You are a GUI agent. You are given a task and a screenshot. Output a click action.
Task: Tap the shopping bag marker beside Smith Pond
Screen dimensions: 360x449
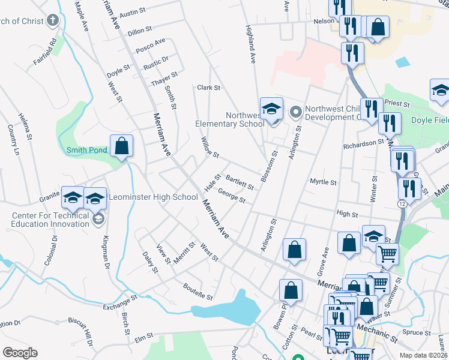[121, 146]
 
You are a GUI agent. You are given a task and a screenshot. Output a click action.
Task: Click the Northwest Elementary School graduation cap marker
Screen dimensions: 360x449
[271, 109]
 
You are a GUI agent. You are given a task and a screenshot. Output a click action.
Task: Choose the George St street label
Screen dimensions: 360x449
[232, 196]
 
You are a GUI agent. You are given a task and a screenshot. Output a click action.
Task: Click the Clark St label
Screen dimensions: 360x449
[209, 88]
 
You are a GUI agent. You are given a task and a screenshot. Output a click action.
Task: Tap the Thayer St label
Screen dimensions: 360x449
[164, 79]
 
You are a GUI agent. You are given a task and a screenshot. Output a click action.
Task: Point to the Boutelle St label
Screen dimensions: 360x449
[198, 292]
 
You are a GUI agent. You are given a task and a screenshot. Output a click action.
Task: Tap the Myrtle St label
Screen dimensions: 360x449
[323, 181]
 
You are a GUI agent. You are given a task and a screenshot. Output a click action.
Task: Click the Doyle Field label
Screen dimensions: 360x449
[430, 120]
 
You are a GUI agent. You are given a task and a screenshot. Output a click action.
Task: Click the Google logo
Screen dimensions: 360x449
[20, 353]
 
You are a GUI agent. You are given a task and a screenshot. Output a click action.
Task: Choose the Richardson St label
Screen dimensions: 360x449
[363, 144]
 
